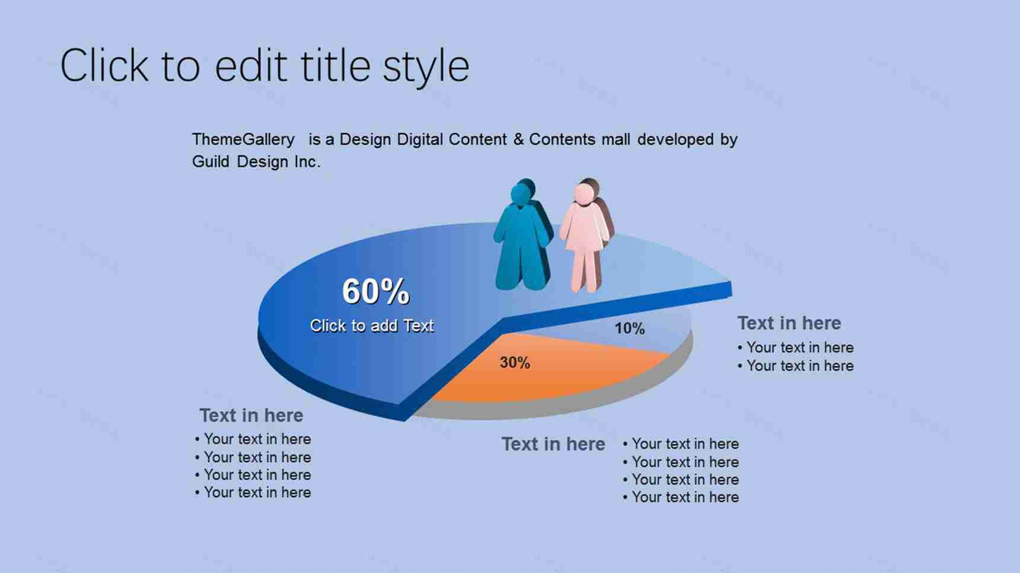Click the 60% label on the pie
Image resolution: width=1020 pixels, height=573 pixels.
tap(376, 291)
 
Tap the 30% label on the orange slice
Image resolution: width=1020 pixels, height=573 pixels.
tap(515, 362)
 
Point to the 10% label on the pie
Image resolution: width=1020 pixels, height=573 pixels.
tap(629, 328)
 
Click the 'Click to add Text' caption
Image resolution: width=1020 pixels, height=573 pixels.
tap(372, 326)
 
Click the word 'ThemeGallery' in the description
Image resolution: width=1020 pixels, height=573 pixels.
tap(243, 139)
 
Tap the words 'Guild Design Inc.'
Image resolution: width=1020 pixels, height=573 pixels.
tap(256, 161)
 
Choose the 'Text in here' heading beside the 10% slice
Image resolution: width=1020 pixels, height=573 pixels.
tap(789, 323)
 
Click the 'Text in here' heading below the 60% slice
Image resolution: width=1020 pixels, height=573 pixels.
tap(251, 415)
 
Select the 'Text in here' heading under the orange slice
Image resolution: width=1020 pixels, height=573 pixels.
tap(553, 444)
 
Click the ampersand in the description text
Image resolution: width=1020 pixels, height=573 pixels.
tap(518, 139)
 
